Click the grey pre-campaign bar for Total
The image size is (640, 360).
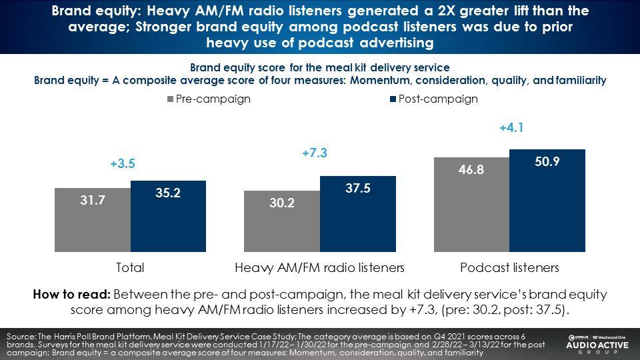93,220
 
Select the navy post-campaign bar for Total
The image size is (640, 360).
168,216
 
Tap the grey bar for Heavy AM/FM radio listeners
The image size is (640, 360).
282,221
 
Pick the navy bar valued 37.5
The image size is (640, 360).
358,214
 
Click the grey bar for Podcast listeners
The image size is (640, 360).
471,205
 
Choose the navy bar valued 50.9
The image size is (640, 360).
547,201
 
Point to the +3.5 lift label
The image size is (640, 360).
123,164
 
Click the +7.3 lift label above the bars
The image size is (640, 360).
315,153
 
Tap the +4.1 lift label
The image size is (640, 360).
511,128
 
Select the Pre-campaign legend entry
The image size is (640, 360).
209,99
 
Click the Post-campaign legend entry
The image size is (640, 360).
434,99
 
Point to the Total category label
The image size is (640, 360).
130,268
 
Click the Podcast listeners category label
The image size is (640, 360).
509,268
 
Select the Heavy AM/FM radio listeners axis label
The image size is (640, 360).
319,268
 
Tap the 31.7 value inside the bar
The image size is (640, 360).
93,200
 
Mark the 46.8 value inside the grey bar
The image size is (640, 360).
471,169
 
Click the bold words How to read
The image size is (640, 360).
71,294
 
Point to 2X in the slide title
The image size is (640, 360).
447,11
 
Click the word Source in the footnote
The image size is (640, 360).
21,337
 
